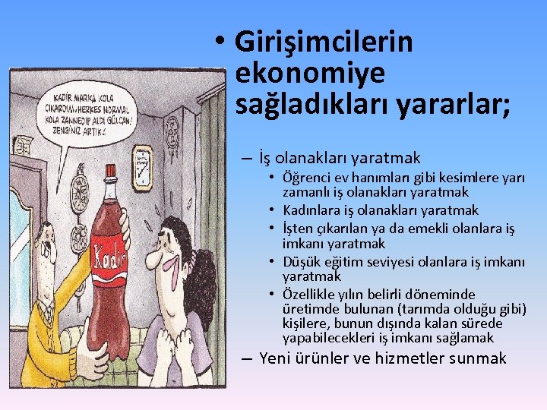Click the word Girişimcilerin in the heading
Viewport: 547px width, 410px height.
(x=324, y=41)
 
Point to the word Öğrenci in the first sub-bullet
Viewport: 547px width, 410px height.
(x=307, y=178)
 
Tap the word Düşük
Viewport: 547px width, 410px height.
(x=302, y=260)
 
